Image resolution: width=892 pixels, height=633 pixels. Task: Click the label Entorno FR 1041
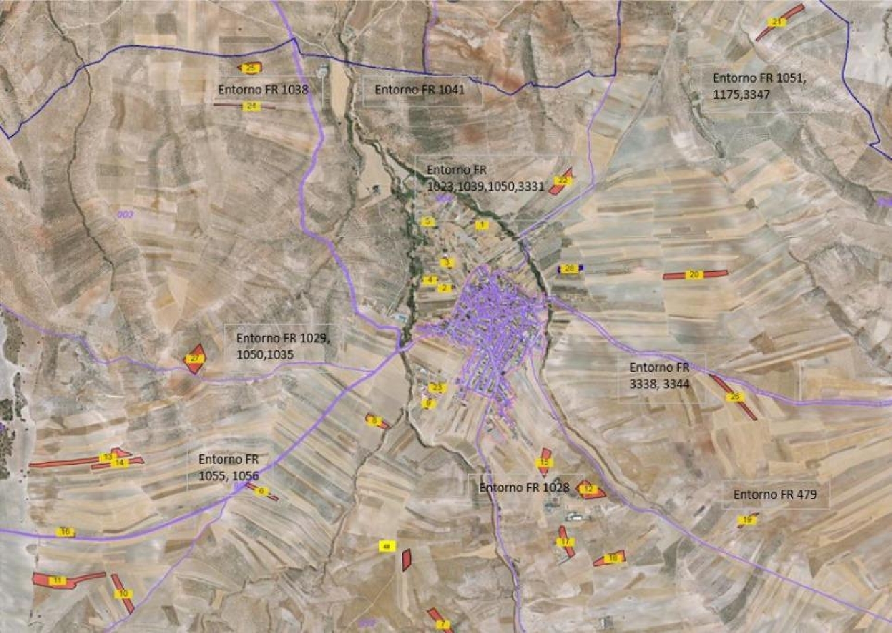coord(419,90)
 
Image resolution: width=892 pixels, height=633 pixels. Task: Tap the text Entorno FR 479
coord(775,495)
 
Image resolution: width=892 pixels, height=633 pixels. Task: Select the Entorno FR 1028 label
coord(524,487)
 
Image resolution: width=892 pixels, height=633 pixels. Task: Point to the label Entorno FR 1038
coord(263,90)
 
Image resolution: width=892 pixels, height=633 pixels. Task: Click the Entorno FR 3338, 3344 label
coord(659,376)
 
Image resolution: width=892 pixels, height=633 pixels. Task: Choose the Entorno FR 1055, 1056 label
coord(228,467)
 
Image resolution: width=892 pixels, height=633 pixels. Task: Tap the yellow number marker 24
coord(252,106)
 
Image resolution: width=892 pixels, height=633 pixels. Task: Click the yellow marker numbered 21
coord(777,23)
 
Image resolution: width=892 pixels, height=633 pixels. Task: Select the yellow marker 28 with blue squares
coord(570,269)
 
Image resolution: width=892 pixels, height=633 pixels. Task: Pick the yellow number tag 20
coord(694,275)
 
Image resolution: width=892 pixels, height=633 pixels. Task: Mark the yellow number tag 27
coord(194,358)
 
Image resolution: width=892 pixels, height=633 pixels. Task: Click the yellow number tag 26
coord(735,396)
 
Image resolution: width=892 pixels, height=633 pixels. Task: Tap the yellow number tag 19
coord(747,521)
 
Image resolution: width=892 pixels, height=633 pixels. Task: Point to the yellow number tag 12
coord(589,489)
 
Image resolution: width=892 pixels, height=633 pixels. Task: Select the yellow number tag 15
coord(544,462)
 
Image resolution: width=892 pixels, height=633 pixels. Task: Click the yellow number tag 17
coord(564,542)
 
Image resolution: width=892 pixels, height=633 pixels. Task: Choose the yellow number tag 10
coord(123,593)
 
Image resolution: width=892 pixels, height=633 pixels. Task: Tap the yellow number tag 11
coord(58,580)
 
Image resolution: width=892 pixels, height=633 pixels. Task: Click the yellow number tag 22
coord(563,181)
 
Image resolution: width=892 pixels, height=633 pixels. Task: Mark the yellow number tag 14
coord(120,462)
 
